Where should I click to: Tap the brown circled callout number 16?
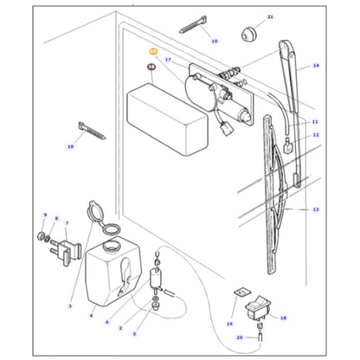pos(151,67)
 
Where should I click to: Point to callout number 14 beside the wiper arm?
pos(315,66)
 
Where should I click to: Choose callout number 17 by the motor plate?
pos(169,60)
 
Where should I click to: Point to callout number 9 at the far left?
pos(44,214)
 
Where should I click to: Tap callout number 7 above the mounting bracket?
pos(67,222)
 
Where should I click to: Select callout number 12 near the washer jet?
pos(315,136)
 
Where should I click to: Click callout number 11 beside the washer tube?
pos(315,122)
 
